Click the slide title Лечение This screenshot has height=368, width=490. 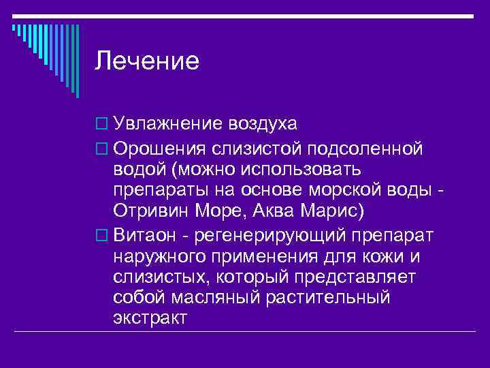click(146, 61)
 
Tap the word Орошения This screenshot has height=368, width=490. click(160, 148)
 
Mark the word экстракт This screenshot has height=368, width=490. click(150, 318)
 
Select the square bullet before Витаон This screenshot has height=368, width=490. click(102, 236)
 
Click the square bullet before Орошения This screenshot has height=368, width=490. click(102, 149)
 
